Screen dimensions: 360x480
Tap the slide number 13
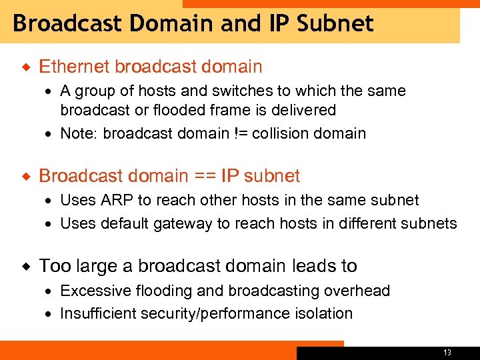point(447,352)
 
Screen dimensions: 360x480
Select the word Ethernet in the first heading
point(74,67)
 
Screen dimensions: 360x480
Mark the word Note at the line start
point(77,133)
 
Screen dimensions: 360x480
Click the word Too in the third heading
point(55,267)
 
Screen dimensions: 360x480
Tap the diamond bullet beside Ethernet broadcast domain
point(26,67)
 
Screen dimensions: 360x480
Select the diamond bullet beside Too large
point(26,267)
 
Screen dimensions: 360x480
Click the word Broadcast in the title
point(67,24)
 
